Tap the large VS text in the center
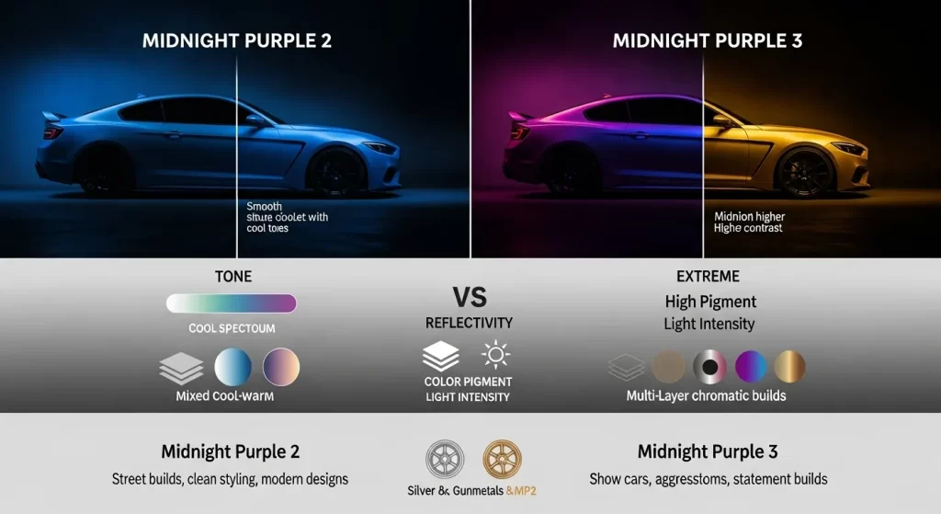point(470,296)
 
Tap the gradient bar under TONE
point(232,303)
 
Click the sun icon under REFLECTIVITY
point(494,355)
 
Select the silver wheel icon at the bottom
point(446,458)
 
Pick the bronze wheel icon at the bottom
point(501,458)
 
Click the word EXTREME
point(709,277)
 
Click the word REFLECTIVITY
point(469,323)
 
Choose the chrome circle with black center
point(710,367)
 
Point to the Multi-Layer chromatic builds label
point(706,396)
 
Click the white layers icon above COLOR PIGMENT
point(441,356)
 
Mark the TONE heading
point(232,277)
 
